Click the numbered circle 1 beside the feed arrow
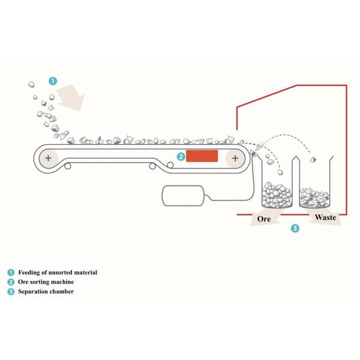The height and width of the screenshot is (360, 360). coord(53,80)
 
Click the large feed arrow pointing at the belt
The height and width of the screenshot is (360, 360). coord(72,96)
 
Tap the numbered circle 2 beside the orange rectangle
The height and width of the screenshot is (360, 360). coord(180,157)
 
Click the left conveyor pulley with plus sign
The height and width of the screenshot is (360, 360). coord(47,158)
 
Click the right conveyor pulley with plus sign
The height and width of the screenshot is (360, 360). coord(235,158)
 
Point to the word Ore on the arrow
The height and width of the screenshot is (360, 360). coord(264,219)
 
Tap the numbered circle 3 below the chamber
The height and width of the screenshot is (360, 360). coord(294,228)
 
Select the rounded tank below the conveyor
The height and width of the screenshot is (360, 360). coord(182,196)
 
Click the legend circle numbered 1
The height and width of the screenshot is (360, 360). coord(11,272)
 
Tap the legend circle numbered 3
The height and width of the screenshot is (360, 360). coord(11,292)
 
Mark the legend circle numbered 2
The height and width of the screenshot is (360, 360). coord(11,282)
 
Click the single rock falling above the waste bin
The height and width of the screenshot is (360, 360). coord(312,160)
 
